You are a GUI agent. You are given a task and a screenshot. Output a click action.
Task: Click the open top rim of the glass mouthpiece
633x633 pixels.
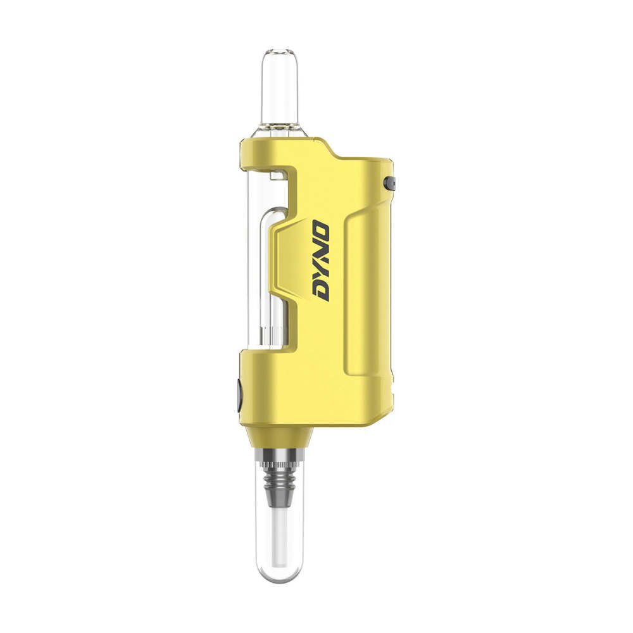[280, 53]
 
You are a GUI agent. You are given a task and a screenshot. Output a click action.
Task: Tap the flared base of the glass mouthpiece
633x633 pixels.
[280, 130]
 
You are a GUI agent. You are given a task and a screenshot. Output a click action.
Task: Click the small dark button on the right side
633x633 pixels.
[389, 184]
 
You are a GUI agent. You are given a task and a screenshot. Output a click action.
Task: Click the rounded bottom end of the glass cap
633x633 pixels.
[280, 576]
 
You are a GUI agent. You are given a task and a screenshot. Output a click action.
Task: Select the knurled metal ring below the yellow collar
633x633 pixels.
[280, 455]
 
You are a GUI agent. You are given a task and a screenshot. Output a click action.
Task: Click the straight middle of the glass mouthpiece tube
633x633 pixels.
[280, 89]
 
